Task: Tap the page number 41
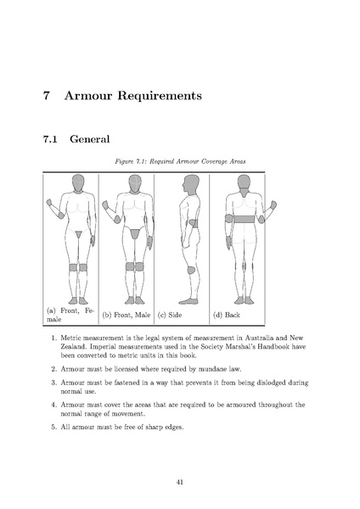[180, 480]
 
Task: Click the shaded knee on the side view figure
[190, 271]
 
